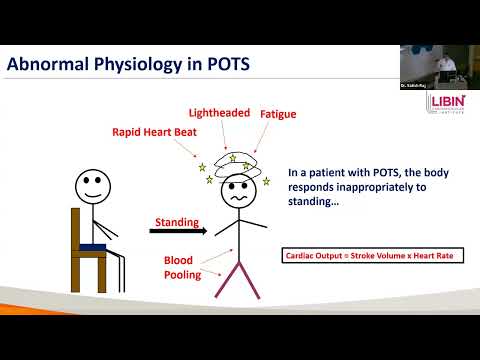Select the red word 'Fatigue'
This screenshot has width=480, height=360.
[280, 115]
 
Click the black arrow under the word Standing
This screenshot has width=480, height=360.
[177, 232]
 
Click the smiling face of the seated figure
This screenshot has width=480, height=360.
[91, 186]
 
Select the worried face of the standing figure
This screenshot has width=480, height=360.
[237, 193]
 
